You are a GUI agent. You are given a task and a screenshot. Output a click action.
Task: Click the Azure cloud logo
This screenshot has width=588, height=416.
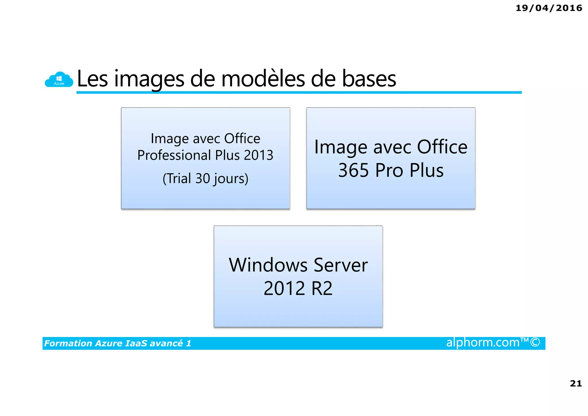[59, 79]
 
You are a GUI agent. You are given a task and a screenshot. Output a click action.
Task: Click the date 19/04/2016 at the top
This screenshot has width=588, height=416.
[549, 8]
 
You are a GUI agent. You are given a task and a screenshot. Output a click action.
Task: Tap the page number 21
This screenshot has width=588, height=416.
[576, 383]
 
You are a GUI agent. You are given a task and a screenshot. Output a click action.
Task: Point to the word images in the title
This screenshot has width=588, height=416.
[149, 79]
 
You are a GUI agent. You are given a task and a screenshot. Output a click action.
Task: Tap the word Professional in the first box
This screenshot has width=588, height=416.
[174, 155]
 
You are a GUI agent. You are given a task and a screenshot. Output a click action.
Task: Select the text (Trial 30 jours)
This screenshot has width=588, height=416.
[205, 179]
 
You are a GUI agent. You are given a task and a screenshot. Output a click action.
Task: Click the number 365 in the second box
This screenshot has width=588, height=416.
[353, 170]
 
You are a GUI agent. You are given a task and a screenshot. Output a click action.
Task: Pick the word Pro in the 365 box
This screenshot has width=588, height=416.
[389, 170]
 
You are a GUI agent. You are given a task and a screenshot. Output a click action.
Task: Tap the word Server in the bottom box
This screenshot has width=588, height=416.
[341, 265]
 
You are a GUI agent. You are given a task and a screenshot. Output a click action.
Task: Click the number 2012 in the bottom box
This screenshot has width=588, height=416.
[284, 288]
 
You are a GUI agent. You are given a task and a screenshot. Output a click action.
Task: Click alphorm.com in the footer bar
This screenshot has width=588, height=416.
[483, 342]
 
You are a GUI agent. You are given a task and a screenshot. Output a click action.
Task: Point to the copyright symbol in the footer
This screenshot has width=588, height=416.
[535, 342]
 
